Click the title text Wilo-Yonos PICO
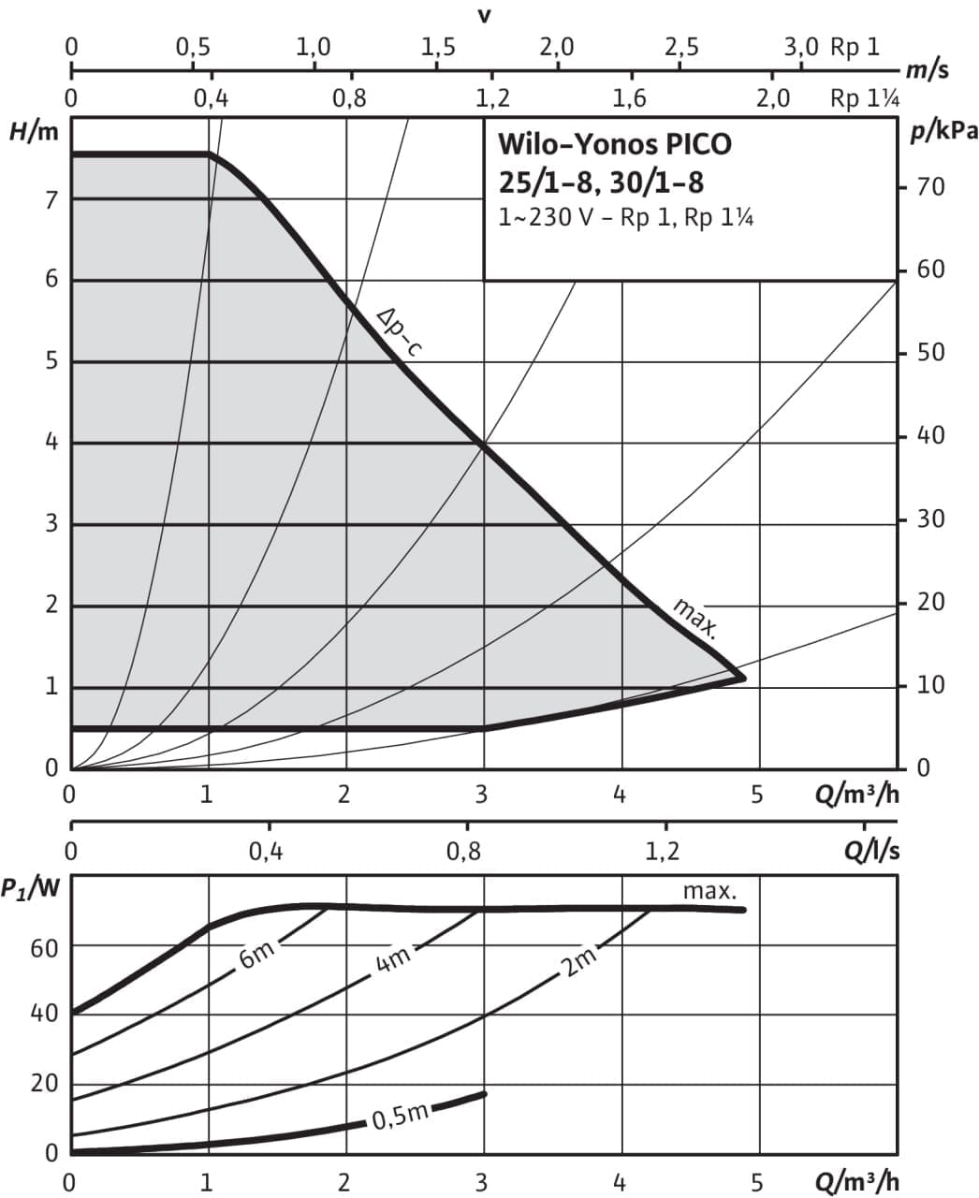(x=614, y=145)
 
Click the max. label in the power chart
(x=709, y=891)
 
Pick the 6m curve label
(x=257, y=956)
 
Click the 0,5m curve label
(x=400, y=1117)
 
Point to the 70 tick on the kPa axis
(x=930, y=187)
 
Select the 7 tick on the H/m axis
(x=52, y=198)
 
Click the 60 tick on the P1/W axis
(x=45, y=947)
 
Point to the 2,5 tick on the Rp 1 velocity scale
(x=680, y=47)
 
